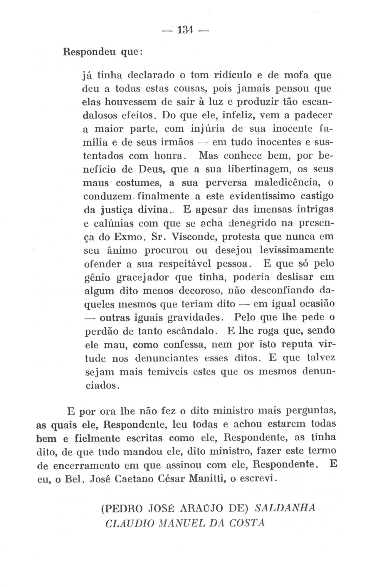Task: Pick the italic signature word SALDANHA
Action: pyautogui.click(x=284, y=508)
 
